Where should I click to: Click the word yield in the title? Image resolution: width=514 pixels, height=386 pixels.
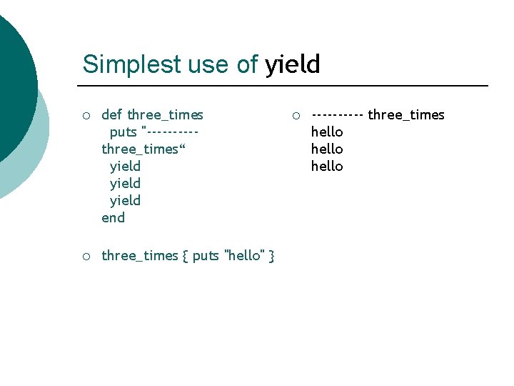tap(293, 64)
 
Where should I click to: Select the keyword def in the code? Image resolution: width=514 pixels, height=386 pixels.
tap(112, 114)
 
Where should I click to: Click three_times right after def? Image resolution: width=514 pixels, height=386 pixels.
tap(165, 114)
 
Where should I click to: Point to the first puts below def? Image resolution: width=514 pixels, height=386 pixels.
tap(124, 132)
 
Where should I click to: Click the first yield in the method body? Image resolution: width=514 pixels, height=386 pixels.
tap(125, 166)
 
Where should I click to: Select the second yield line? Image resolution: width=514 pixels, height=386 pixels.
tap(125, 183)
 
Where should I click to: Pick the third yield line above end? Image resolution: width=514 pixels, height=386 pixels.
tap(125, 200)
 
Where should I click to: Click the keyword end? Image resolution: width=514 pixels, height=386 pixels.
tap(113, 217)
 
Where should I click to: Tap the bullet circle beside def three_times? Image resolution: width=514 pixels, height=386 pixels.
tap(85, 115)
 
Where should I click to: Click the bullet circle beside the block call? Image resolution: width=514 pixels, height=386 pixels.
tap(85, 256)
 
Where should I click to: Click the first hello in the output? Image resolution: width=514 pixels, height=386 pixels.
tap(327, 132)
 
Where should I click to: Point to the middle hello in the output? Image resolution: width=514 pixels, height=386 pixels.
tap(327, 149)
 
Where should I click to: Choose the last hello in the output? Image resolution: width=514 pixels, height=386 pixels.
tap(327, 166)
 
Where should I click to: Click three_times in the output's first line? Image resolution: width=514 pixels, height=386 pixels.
tap(405, 114)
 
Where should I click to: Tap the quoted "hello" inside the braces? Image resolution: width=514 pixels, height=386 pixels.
tap(244, 255)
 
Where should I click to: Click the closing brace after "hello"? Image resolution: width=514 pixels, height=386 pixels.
tap(272, 256)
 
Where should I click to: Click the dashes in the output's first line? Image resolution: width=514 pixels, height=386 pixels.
tap(338, 114)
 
